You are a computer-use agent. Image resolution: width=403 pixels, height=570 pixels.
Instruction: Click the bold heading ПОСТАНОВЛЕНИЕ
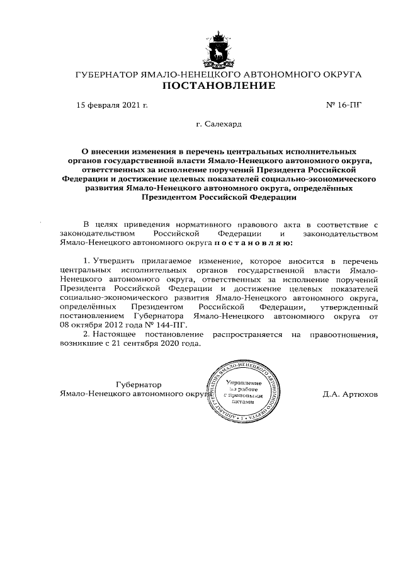[x=219, y=86]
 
